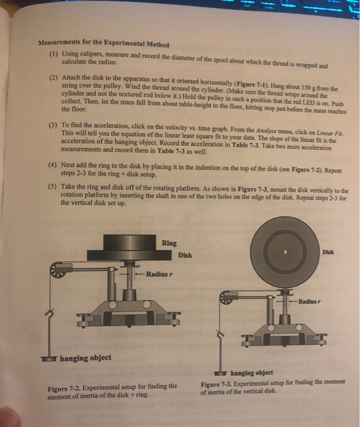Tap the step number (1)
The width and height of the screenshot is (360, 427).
54,54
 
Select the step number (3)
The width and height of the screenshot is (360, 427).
53,124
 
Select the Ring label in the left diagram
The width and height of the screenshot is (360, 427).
169,243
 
